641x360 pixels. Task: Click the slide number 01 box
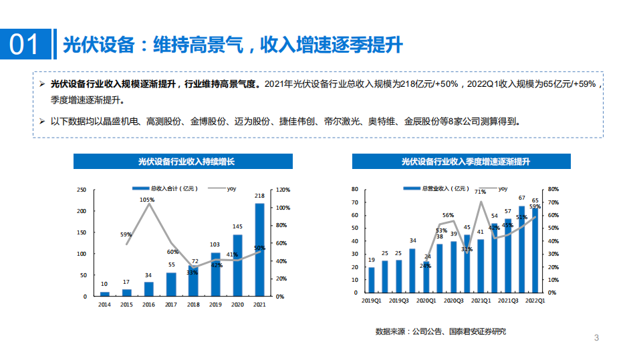pyautogui.click(x=25, y=45)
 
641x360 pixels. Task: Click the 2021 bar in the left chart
pyautogui.click(x=259, y=249)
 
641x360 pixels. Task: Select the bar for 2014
pyautogui.click(x=105, y=293)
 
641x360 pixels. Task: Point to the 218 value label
pyautogui.click(x=259, y=196)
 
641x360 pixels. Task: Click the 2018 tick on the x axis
pyautogui.click(x=193, y=305)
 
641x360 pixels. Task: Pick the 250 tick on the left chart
pyautogui.click(x=82, y=190)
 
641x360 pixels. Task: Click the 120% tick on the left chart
pyautogui.click(x=283, y=190)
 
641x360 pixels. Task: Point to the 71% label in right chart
pyautogui.click(x=480, y=192)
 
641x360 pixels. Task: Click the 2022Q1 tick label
pyautogui.click(x=535, y=301)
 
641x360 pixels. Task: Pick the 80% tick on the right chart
pyautogui.click(x=553, y=190)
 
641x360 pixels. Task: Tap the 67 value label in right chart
pyautogui.click(x=521, y=198)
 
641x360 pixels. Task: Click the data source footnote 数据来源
pyautogui.click(x=440, y=331)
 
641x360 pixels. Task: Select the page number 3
pyautogui.click(x=597, y=338)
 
